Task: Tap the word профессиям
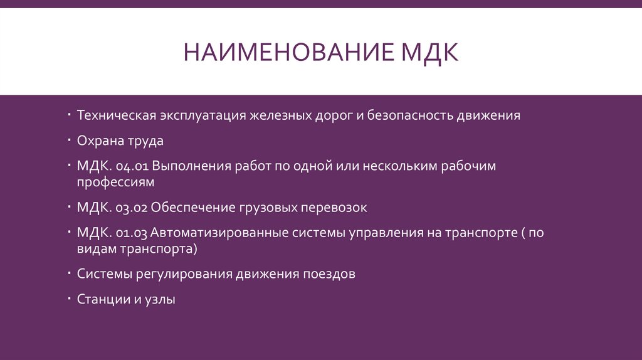pos(115,183)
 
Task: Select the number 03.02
pos(132,207)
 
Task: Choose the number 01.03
pos(132,233)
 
